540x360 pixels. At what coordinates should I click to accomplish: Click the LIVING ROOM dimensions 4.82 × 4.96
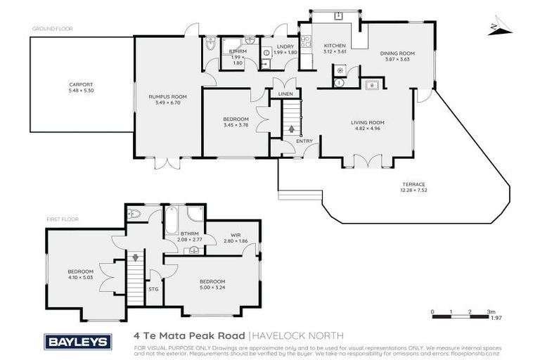[368, 129]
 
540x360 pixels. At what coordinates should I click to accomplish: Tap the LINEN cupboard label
[285, 94]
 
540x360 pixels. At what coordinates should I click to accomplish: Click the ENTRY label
[304, 141]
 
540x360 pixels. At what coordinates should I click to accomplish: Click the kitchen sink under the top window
[338, 15]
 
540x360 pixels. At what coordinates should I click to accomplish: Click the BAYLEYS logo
[77, 342]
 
